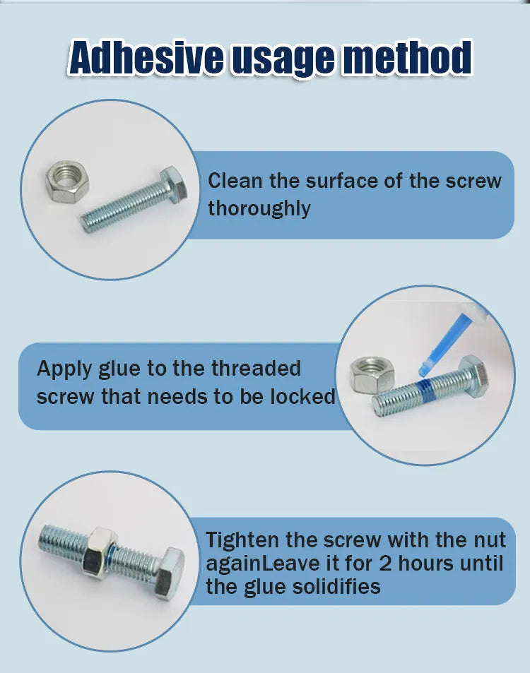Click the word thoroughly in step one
coord(259,208)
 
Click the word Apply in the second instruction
coord(64,369)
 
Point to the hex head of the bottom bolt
coord(168,568)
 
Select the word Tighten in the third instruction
coord(242,540)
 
